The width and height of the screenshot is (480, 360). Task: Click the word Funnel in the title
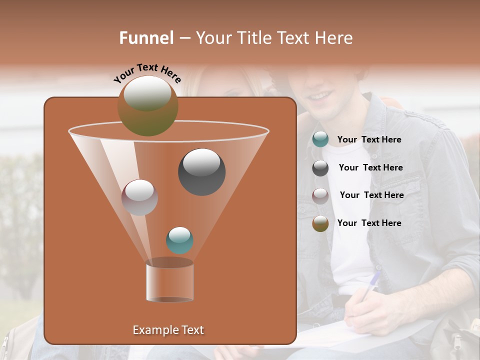click(146, 38)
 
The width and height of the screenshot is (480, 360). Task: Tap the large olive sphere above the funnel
click(147, 106)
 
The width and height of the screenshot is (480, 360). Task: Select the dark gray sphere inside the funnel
click(201, 171)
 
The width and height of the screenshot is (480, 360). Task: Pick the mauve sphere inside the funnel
click(139, 197)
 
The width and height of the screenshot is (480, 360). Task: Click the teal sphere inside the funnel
click(179, 240)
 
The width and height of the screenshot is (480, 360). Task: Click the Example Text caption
click(168, 330)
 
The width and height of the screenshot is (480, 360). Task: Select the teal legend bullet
click(320, 139)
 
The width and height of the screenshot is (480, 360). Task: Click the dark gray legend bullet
click(320, 168)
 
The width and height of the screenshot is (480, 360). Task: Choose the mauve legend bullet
click(320, 195)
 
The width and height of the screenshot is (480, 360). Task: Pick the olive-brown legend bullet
click(320, 223)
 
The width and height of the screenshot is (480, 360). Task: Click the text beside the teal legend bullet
click(369, 139)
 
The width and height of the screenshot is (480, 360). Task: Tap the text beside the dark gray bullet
click(370, 167)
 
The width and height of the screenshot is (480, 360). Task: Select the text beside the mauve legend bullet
click(371, 195)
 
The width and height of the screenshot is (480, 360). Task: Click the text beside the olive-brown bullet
click(369, 223)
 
